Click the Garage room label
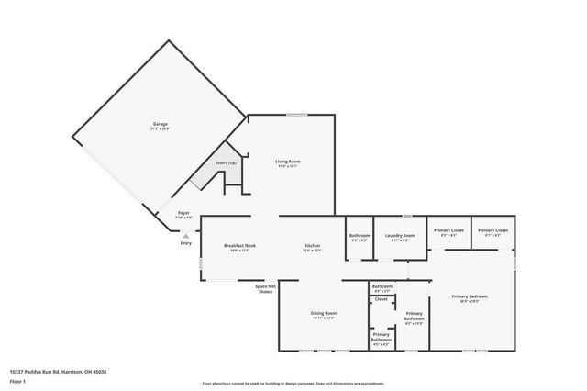coord(161,125)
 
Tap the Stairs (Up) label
coord(227,162)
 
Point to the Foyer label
coord(183,214)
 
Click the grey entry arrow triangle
coord(186,235)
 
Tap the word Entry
coord(186,243)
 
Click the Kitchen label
coord(312,247)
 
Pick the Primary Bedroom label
coord(470,297)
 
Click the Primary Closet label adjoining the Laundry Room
coord(449,231)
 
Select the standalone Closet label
coord(382,299)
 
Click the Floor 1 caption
coord(17,379)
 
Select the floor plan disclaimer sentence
coord(293,382)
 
